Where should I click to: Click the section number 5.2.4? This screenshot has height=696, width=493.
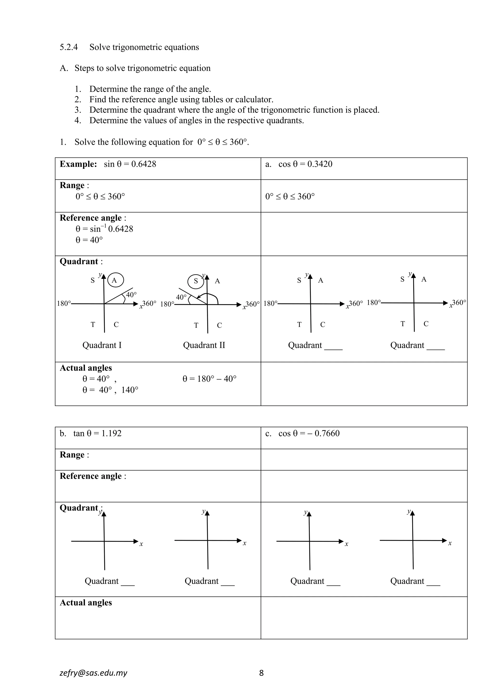pos(69,47)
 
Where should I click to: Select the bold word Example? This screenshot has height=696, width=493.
pos(78,164)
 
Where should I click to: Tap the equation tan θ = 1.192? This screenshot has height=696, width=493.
pos(97,433)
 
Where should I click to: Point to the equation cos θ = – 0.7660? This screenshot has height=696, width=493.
pos(309,433)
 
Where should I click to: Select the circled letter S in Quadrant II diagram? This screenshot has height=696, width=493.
pos(196,281)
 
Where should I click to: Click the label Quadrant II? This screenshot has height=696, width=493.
pos(204,345)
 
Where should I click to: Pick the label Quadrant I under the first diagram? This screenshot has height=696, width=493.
pos(102,345)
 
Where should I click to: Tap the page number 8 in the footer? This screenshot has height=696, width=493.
pos(261,673)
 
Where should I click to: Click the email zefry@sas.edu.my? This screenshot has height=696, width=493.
pos(93,673)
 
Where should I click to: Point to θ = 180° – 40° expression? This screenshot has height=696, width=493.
pos(209,379)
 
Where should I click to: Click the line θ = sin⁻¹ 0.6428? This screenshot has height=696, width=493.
pos(104,229)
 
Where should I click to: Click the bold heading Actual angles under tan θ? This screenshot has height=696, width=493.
pos(86,603)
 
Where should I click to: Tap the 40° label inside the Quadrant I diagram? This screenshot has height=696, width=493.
pos(131,295)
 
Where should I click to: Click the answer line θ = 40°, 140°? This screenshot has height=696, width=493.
pos(110,390)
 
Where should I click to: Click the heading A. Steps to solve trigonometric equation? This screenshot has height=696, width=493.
pos(135,68)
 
